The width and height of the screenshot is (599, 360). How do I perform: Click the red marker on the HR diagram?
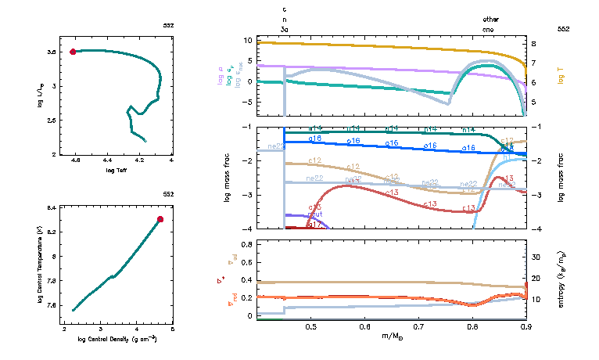[x=73, y=52]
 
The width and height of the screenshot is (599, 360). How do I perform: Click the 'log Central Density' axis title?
[x=117, y=339]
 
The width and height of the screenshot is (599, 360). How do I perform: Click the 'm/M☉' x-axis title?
[x=391, y=337]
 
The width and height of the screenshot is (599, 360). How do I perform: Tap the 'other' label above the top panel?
[x=490, y=19]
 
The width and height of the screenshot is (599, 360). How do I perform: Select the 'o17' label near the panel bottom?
[x=315, y=225]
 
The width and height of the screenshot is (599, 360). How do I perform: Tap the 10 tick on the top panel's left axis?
[x=246, y=40]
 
